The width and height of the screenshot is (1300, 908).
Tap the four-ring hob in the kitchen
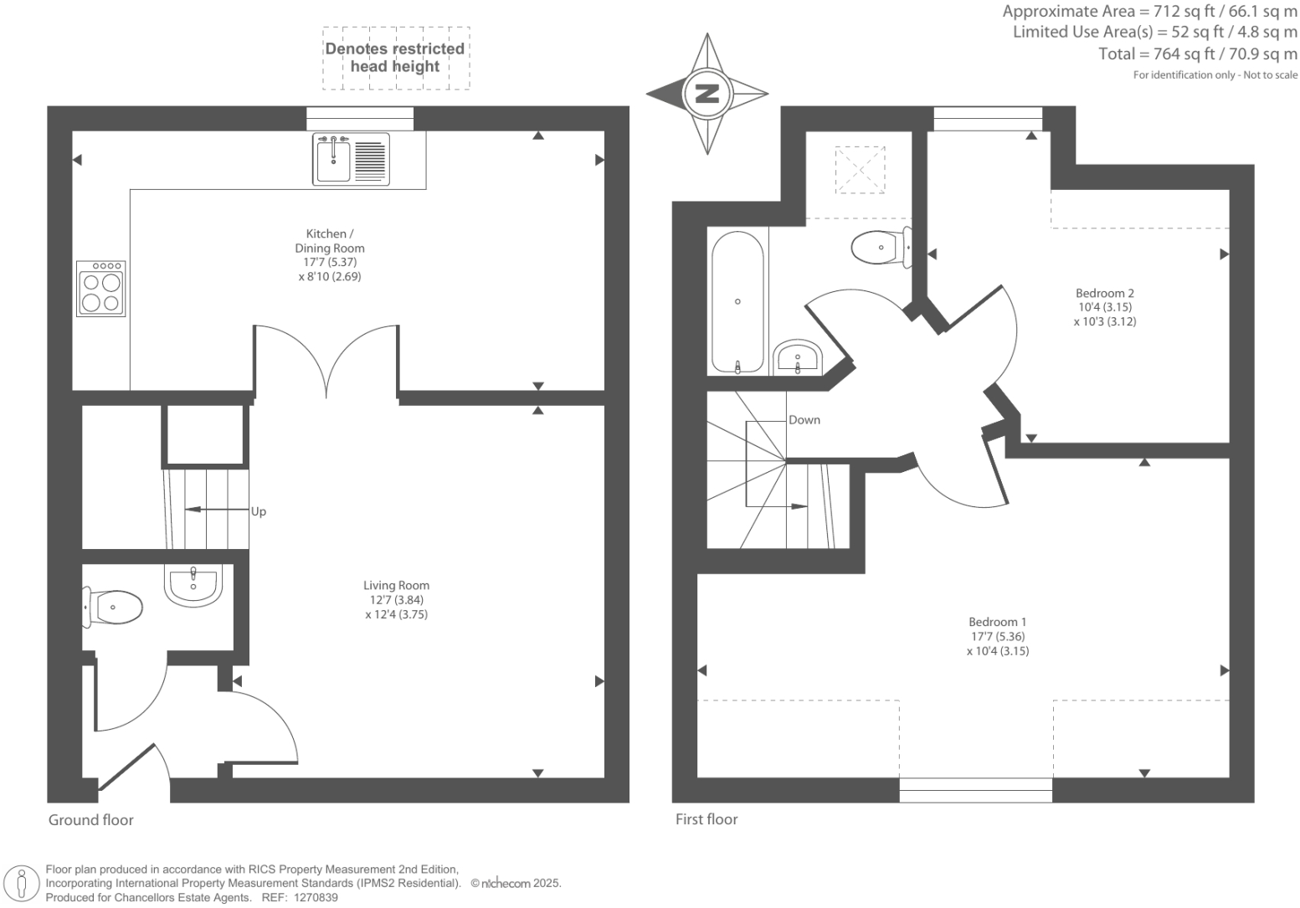click(x=100, y=289)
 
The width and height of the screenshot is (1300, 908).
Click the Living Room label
click(x=396, y=586)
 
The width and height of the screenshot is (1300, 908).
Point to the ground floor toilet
click(x=113, y=607)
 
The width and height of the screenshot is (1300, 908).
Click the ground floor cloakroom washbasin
click(x=193, y=585)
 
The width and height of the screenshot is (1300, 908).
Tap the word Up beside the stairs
click(x=259, y=511)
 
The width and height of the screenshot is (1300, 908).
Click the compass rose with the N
click(x=707, y=93)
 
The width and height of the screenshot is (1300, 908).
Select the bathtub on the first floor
click(x=737, y=301)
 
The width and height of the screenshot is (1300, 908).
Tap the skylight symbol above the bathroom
click(x=860, y=171)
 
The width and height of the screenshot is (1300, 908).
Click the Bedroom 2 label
click(x=1104, y=293)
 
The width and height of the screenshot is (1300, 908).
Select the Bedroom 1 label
click(x=997, y=622)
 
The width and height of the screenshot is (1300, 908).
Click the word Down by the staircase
click(x=804, y=420)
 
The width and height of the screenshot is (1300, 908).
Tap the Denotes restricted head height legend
click(x=395, y=58)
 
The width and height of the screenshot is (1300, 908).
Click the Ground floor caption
click(x=90, y=820)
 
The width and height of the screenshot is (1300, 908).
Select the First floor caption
click(x=707, y=819)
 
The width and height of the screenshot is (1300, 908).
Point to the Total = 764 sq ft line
click(x=1197, y=54)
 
